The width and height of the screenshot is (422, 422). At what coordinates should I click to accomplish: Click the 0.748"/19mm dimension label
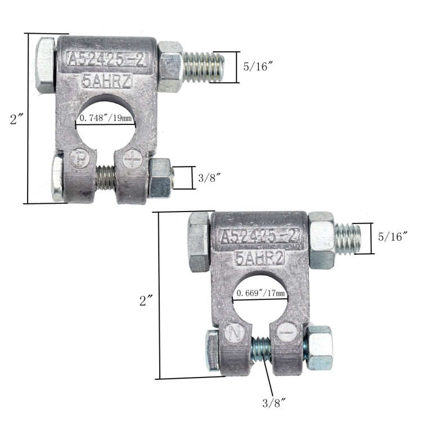(106, 119)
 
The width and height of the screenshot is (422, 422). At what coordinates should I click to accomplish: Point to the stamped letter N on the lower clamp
(235, 333)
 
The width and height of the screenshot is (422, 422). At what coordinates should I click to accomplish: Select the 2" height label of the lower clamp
(146, 300)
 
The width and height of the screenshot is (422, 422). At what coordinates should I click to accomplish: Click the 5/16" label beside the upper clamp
(258, 66)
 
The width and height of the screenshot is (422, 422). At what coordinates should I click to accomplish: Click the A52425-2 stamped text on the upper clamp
(107, 59)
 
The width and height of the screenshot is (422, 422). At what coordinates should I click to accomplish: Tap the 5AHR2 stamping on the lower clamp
(260, 258)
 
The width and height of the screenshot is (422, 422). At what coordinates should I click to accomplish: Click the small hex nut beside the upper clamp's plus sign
(161, 177)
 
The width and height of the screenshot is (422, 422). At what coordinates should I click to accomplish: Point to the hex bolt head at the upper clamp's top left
(45, 65)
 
